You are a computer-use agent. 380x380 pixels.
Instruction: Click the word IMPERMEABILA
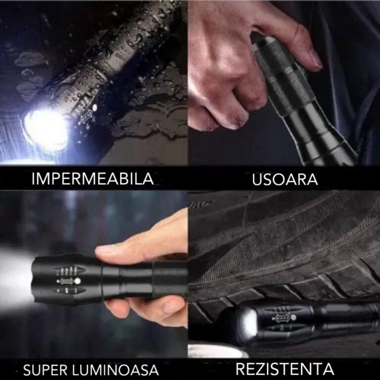click(93, 179)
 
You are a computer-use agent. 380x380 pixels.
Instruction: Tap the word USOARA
click(285, 179)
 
